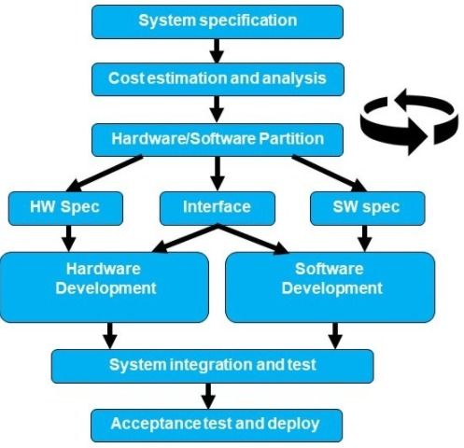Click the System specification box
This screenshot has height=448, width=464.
click(218, 21)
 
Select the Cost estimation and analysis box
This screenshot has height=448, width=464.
click(218, 79)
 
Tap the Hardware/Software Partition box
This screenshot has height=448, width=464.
click(218, 140)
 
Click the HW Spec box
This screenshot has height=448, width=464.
click(65, 208)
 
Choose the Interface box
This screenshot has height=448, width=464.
click(218, 208)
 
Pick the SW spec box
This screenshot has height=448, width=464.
click(368, 208)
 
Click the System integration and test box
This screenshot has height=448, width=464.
click(212, 366)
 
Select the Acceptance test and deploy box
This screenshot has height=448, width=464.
click(217, 425)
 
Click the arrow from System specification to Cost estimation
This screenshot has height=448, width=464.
click(217, 50)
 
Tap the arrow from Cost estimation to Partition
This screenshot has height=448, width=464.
click(217, 109)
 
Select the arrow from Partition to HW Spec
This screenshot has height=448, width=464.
click(105, 174)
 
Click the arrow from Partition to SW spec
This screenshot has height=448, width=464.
click(330, 174)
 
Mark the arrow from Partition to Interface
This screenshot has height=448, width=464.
click(218, 174)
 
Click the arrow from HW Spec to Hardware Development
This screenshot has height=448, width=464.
click(69, 238)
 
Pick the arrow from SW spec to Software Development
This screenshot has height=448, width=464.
click(365, 238)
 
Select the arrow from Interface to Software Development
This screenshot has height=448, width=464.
click(253, 239)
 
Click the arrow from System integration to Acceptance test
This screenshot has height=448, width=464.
click(208, 396)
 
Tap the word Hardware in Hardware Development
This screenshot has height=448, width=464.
click(104, 269)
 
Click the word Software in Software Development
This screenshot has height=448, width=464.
click(330, 269)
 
